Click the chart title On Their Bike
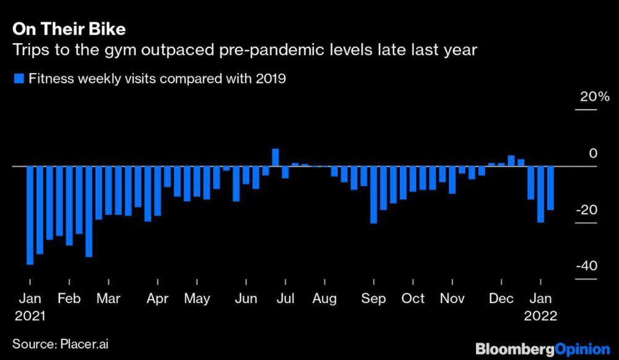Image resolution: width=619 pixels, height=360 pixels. point(69,28)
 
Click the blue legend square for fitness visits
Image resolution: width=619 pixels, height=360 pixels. point(18,79)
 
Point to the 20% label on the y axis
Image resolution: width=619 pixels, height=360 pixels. point(594,97)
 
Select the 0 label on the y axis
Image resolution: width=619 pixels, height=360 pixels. point(593,153)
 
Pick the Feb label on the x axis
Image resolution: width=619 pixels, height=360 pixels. point(68,298)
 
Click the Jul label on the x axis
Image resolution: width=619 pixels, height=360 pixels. point(285,298)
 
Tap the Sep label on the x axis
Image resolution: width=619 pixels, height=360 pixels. point(373,298)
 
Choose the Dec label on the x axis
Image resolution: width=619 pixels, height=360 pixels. point(501,298)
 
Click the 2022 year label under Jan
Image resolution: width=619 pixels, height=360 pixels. point(540,315)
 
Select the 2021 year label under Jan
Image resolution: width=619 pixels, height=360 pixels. point(30,315)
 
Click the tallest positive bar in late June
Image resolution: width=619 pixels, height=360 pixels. point(275,157)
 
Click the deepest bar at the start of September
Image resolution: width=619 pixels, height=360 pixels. point(373,195)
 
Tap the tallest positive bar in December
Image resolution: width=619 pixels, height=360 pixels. point(511,161)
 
